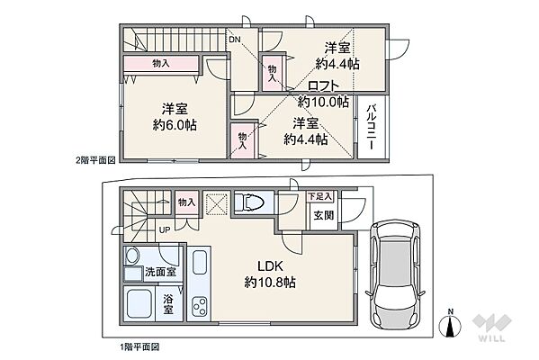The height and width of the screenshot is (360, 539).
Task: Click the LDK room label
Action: click(x=270, y=265)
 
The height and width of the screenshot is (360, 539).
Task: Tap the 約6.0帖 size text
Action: click(x=175, y=125)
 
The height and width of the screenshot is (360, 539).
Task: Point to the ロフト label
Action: click(x=323, y=86)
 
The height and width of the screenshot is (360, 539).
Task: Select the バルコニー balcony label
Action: click(x=371, y=127)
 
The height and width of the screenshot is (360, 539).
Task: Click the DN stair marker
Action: click(x=235, y=40)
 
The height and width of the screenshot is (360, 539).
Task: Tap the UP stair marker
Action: click(x=165, y=229)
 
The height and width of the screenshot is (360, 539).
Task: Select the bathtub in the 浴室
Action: click(x=139, y=304)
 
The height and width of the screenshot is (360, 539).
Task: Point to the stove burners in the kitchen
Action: click(x=200, y=306)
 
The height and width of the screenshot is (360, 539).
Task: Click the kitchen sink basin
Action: click(x=200, y=262)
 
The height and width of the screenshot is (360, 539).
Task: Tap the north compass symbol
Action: click(x=450, y=324)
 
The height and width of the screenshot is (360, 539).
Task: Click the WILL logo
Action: click(x=491, y=328)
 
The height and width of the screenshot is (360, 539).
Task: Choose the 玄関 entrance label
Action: click(x=323, y=216)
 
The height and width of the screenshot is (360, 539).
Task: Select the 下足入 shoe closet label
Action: click(x=319, y=196)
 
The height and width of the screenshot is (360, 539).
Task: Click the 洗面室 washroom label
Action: click(x=160, y=272)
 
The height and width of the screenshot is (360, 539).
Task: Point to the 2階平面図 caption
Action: click(x=95, y=160)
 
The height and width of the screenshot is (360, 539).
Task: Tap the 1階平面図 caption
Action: click(x=139, y=347)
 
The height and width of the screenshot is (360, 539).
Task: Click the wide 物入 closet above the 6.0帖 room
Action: click(x=161, y=64)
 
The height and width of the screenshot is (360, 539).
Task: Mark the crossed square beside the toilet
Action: click(x=217, y=204)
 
